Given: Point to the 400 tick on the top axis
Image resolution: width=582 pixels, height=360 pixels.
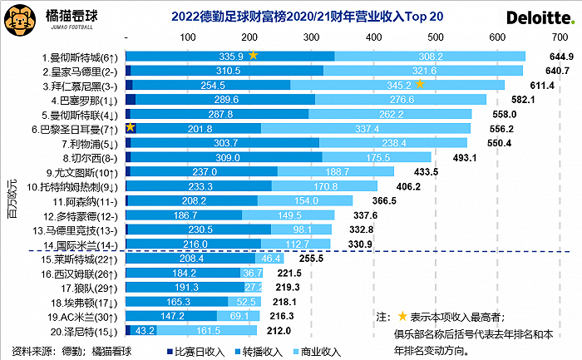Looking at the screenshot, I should tap(373, 38).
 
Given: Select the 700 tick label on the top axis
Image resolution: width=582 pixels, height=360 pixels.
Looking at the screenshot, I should tap(558, 38).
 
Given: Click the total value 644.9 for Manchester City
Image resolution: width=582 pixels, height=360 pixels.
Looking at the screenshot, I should tap(561, 56).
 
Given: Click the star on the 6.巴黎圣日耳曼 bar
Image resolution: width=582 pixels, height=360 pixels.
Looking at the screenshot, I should tap(131, 127).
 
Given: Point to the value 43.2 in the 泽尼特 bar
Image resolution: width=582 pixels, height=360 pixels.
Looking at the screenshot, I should tap(145, 330).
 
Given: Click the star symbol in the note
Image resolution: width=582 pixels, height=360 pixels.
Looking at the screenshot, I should tap(402, 316).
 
